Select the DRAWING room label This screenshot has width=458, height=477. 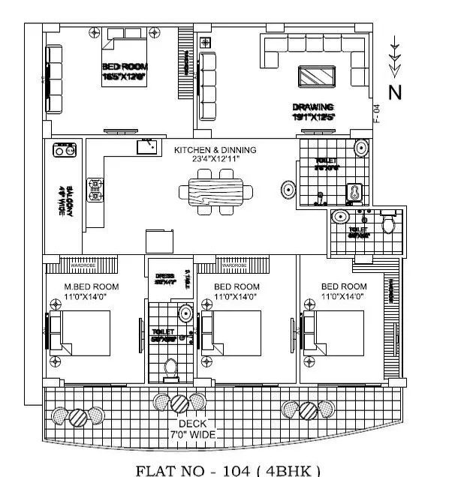point(313,107)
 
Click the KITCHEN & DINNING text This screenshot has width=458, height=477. point(215,150)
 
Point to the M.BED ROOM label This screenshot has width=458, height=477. point(92,286)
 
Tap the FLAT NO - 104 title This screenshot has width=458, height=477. point(227,470)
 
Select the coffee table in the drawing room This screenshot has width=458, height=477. point(317,77)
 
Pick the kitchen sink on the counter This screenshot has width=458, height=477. point(146,147)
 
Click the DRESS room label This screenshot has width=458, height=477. point(164,277)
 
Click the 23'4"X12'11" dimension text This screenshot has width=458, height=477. point(215,160)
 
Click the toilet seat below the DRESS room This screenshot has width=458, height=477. point(170,367)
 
